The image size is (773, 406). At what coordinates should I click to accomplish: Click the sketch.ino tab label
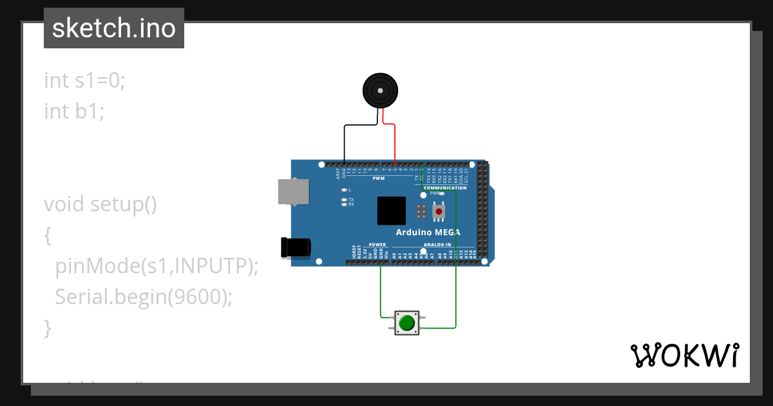(x=114, y=28)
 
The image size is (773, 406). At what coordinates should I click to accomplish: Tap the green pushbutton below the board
(x=406, y=322)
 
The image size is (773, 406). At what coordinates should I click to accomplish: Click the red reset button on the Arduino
(x=439, y=211)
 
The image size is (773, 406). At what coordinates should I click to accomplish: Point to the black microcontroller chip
(x=392, y=211)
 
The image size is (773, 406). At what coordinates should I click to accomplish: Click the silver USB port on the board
(x=292, y=192)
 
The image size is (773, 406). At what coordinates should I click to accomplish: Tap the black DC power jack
(x=296, y=247)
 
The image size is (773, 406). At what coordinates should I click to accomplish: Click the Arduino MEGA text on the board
(x=427, y=233)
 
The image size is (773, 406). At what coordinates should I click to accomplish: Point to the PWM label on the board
(x=379, y=178)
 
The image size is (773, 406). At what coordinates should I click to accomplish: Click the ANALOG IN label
(x=437, y=245)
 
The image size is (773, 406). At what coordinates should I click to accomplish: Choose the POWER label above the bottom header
(x=377, y=245)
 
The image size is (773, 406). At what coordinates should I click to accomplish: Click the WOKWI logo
(x=683, y=355)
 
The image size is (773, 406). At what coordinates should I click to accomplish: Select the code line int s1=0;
(x=84, y=81)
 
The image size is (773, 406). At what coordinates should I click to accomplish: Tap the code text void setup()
(x=100, y=204)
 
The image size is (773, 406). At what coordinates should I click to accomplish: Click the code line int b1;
(x=74, y=111)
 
